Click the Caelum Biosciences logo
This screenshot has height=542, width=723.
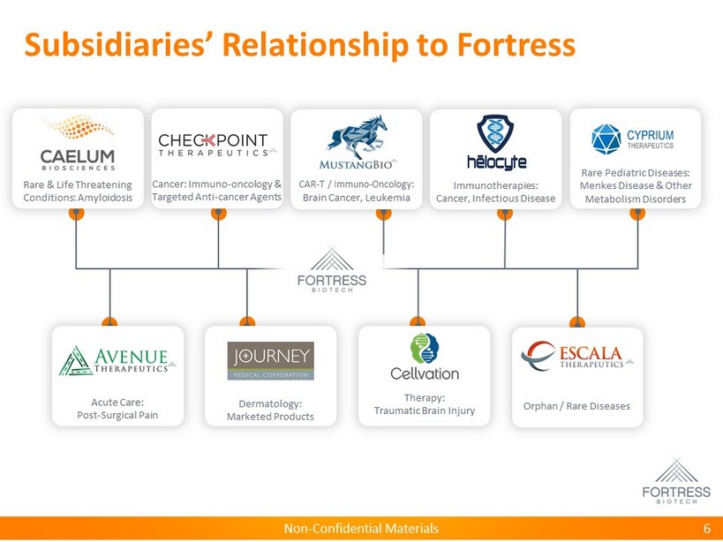[x=78, y=144]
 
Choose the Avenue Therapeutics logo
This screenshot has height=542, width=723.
[x=117, y=360]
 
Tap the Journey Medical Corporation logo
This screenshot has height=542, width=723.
[x=270, y=360]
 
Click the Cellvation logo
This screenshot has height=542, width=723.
[x=425, y=358]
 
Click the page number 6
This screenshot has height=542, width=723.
[x=707, y=529]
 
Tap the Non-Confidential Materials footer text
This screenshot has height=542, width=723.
[x=361, y=529]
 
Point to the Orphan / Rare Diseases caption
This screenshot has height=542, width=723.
[x=577, y=407]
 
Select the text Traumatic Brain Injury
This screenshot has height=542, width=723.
[x=425, y=410]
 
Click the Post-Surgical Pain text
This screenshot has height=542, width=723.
[x=117, y=415]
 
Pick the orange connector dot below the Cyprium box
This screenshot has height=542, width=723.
[x=637, y=213]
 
